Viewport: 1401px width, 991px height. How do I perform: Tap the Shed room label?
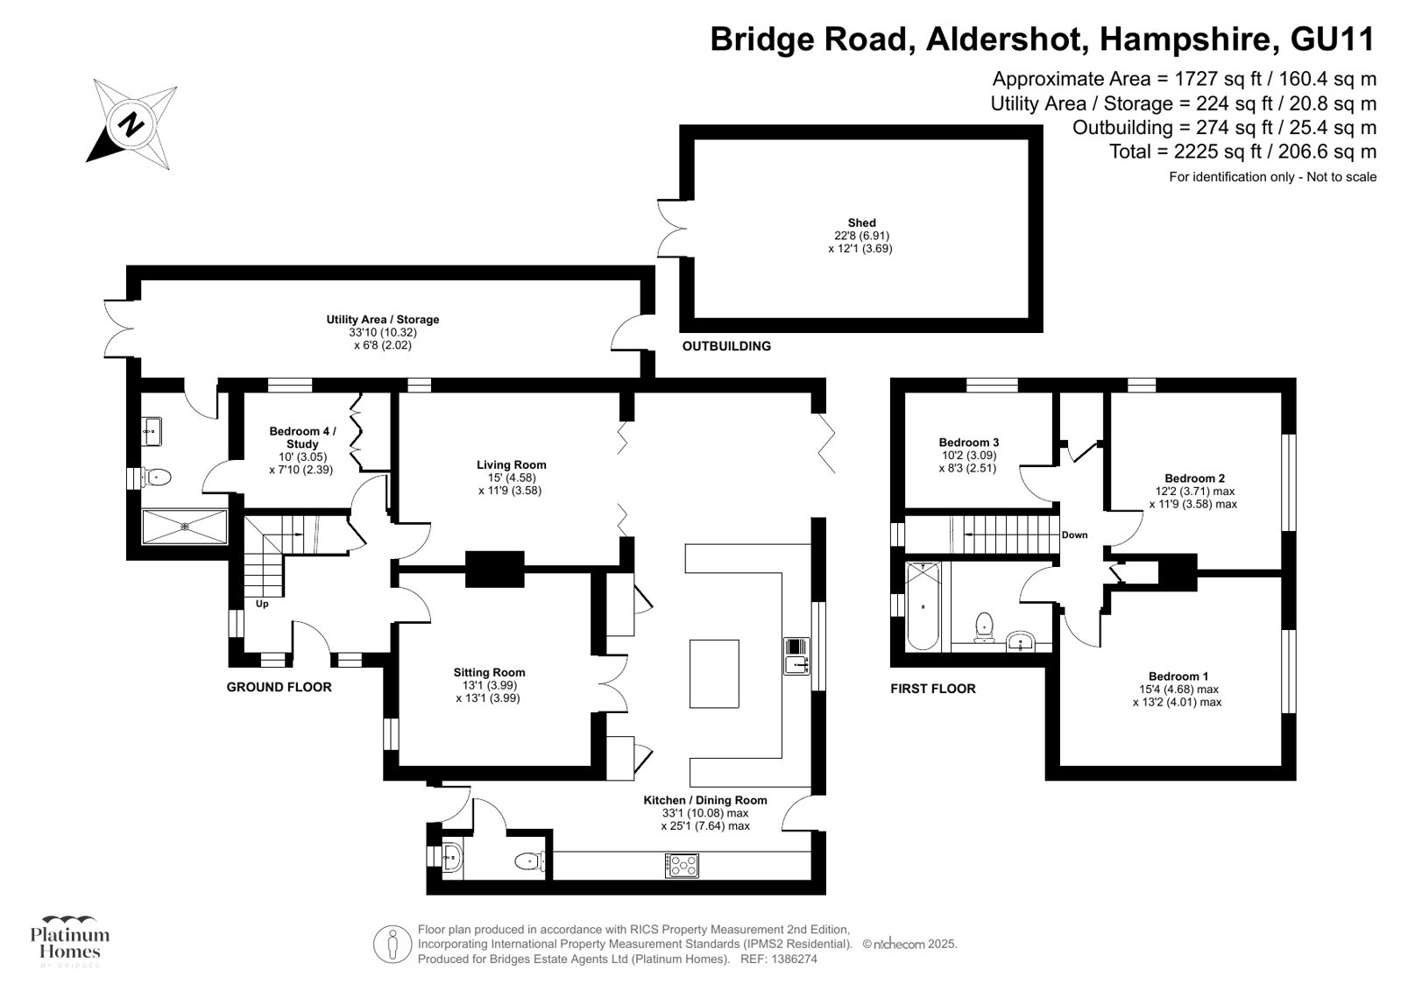click(861, 223)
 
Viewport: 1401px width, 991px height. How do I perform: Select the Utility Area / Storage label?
click(382, 320)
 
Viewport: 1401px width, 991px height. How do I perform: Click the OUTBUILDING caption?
click(726, 346)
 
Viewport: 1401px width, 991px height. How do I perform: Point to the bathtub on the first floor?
click(922, 605)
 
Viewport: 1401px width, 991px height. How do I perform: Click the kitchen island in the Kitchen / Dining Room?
click(714, 673)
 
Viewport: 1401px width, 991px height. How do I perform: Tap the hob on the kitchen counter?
click(683, 865)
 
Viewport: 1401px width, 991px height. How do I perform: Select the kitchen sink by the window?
click(796, 655)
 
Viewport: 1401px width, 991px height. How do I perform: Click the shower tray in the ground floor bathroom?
click(185, 527)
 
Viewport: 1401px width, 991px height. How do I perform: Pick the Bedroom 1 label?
click(1178, 676)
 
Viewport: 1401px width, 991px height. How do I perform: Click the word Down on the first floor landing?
click(1074, 535)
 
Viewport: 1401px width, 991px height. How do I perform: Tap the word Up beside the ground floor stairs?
click(262, 604)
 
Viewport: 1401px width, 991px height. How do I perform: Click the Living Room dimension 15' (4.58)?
click(512, 478)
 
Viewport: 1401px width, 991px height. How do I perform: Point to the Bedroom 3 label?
click(968, 442)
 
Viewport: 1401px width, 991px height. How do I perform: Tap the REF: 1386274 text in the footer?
click(779, 959)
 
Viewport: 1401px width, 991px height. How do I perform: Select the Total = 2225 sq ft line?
click(1242, 152)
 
